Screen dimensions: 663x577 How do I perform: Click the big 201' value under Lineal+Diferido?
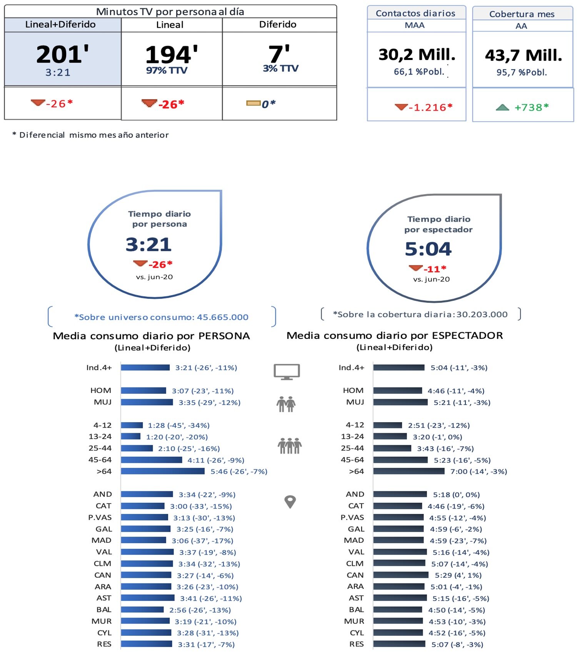[x=62, y=54]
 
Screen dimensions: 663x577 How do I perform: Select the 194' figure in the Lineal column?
[x=171, y=55]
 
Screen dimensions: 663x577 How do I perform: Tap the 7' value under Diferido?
[x=279, y=54]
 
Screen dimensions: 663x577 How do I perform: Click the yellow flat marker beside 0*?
[x=253, y=103]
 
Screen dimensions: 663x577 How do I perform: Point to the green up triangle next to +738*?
[x=502, y=108]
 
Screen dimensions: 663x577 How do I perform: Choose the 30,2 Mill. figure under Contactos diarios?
[x=417, y=55]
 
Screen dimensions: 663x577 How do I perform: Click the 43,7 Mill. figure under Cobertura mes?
[x=523, y=55]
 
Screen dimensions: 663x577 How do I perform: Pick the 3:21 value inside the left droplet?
[x=148, y=244]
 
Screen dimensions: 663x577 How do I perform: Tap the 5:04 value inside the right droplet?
[x=428, y=249]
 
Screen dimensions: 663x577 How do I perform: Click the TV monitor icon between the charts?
[x=287, y=371]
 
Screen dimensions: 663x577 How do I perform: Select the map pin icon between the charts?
[x=290, y=502]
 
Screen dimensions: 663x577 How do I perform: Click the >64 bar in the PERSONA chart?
[x=163, y=471]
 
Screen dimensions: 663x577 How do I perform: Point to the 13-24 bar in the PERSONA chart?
[x=131, y=436]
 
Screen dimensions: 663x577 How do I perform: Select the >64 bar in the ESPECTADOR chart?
[x=409, y=471]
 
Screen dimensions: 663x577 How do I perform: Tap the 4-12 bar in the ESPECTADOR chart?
[x=387, y=425]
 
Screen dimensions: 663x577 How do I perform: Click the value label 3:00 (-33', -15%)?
[x=201, y=506]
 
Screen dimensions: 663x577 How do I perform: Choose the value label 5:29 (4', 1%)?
[x=458, y=575]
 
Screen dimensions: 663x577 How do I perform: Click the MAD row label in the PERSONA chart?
[x=102, y=540]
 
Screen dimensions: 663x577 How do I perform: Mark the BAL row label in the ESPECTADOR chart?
[x=356, y=610]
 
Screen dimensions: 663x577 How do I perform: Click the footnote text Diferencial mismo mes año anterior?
[x=94, y=135]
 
